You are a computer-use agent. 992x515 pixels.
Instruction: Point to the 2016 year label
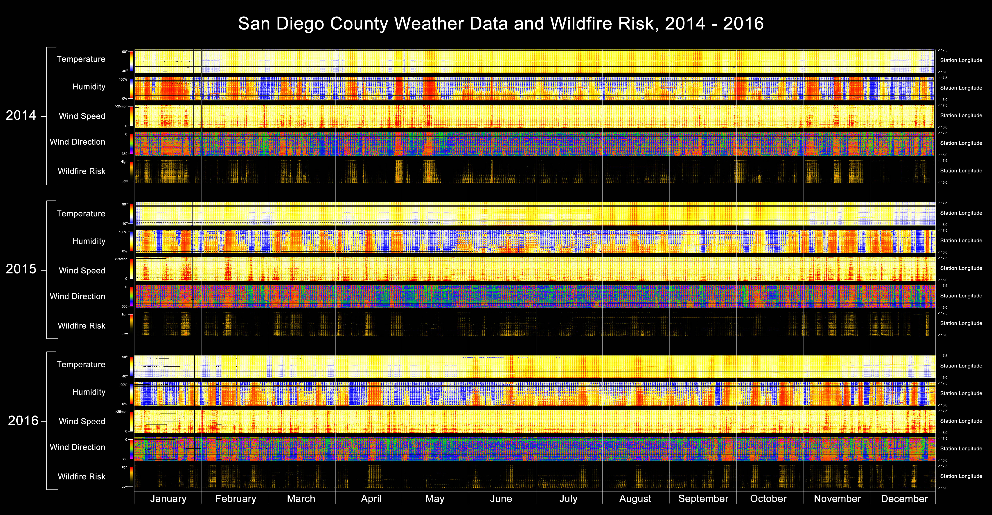(x=23, y=421)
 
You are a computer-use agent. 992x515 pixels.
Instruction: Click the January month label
(x=168, y=499)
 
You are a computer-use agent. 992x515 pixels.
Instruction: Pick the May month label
(x=435, y=499)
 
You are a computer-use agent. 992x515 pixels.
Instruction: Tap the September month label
(x=703, y=499)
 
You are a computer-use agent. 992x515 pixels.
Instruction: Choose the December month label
(x=904, y=499)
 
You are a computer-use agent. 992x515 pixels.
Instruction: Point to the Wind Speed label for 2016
(x=82, y=421)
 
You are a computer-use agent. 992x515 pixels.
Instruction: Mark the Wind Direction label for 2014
(x=77, y=142)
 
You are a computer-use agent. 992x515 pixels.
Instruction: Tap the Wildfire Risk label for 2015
(x=82, y=326)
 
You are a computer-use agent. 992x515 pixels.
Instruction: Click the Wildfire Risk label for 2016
(x=82, y=476)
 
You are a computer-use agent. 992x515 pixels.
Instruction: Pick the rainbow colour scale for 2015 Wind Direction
(x=131, y=296)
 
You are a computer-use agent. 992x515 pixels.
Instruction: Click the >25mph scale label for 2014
(x=121, y=106)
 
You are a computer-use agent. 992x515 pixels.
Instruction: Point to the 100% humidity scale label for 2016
(x=123, y=385)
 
